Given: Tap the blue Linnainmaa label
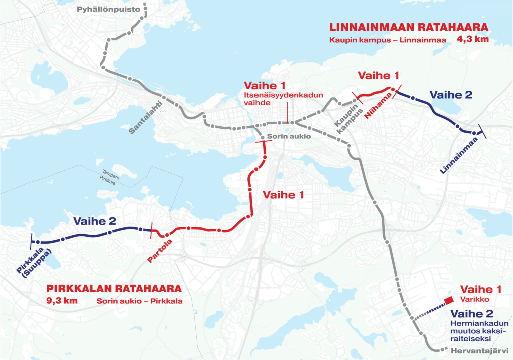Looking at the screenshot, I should (458, 156).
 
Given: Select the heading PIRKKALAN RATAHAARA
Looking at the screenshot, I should (114, 289).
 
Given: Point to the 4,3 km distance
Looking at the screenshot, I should (471, 39).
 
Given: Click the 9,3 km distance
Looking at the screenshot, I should (62, 301).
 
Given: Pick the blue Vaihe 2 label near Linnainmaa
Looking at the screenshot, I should (451, 94).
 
